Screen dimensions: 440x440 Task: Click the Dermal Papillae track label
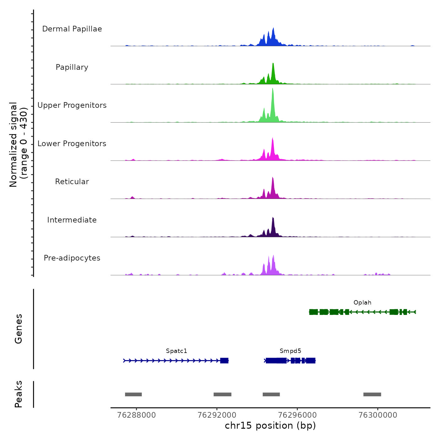[x=72, y=29]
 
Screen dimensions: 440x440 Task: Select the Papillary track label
[x=72, y=67]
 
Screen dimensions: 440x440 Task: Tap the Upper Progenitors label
[x=72, y=105]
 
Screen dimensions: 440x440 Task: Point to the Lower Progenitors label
[x=72, y=144]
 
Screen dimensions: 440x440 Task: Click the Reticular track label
[x=72, y=182]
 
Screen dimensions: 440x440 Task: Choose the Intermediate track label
[x=72, y=220]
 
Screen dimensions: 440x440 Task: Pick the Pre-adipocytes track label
[x=72, y=258]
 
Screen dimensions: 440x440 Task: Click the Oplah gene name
[x=362, y=303]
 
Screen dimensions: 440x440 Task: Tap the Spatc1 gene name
[x=176, y=351]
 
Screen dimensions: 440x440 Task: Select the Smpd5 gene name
[x=290, y=351]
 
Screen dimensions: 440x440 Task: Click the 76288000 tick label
[x=136, y=415]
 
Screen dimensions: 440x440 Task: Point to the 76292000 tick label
[x=217, y=415]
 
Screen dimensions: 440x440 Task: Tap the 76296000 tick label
[x=297, y=415]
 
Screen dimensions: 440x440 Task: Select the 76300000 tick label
[x=378, y=415]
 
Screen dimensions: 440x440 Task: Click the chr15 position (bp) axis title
[x=270, y=426]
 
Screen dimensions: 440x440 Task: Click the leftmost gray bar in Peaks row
[x=133, y=394]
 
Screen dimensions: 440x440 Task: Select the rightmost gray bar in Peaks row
[x=372, y=394]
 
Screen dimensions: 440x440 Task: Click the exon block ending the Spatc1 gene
[x=224, y=360]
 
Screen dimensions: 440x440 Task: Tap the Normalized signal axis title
[x=18, y=145]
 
